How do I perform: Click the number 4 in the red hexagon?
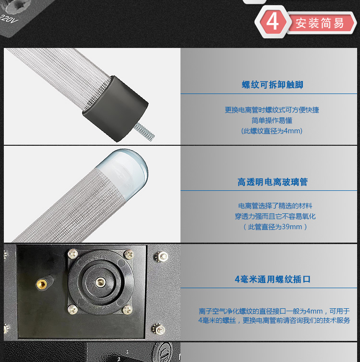[x=273, y=22]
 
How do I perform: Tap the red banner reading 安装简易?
[x=320, y=23]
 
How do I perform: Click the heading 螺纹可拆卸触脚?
[x=273, y=85]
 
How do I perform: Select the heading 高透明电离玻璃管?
[x=273, y=182]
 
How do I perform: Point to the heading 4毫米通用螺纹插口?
[x=273, y=279]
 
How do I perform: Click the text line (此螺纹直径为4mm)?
[x=272, y=131]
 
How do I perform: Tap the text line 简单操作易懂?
[x=272, y=120]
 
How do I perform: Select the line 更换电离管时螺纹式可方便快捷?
[x=272, y=110]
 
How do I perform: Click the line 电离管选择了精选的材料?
[x=275, y=206]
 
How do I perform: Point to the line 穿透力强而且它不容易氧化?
[x=275, y=216]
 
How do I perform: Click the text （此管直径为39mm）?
[x=275, y=227]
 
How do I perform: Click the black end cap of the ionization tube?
[x=116, y=108]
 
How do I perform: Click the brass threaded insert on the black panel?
[x=42, y=283]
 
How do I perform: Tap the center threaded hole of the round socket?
[x=100, y=282]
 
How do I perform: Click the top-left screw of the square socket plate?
[x=73, y=254]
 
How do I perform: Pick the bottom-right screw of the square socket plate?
[x=127, y=309]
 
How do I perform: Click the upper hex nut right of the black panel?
[x=161, y=256]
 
